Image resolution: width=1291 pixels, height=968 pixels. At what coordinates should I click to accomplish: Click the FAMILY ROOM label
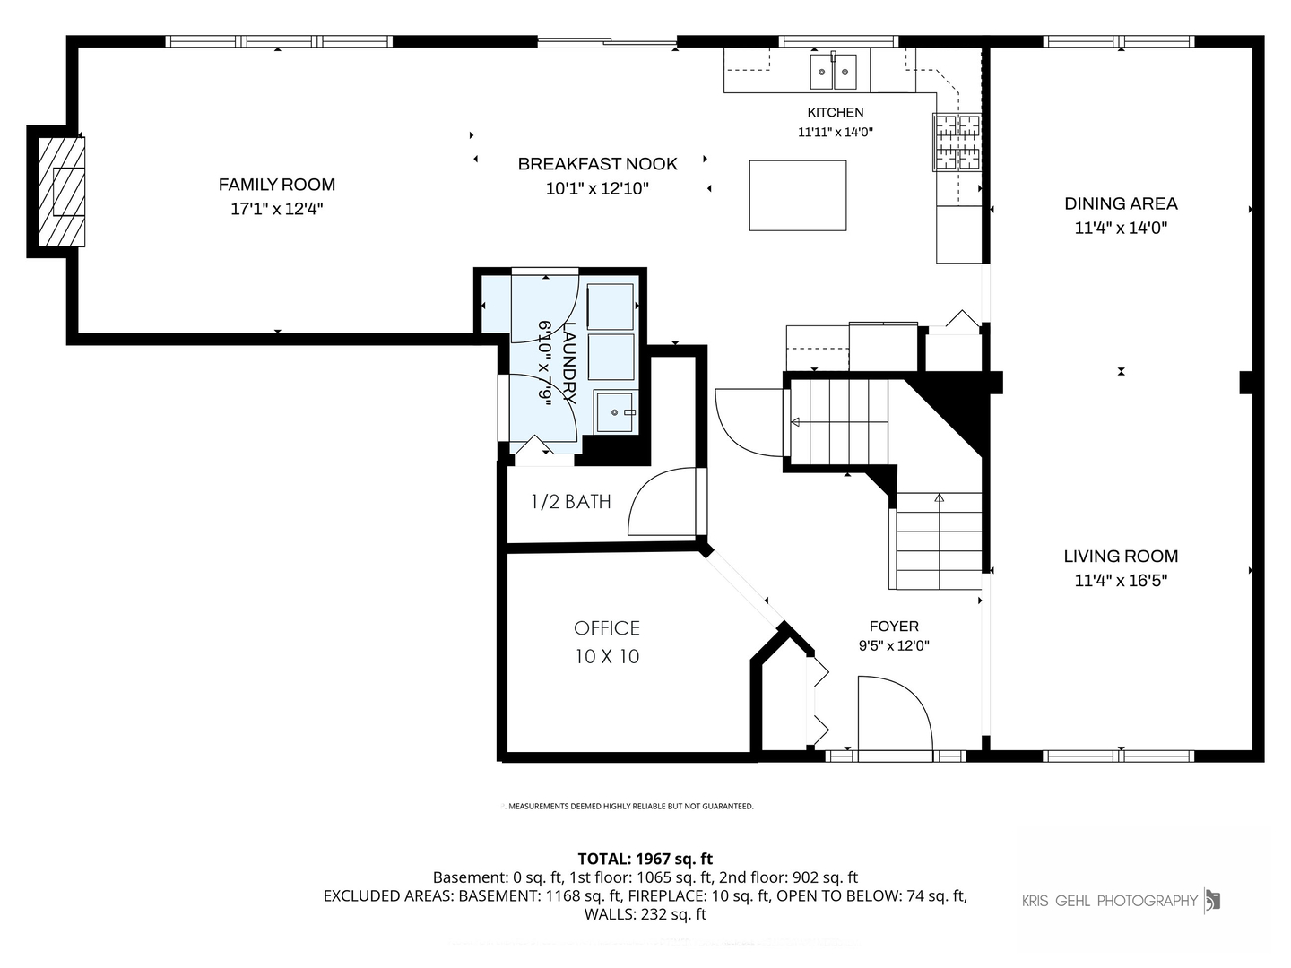[276, 185]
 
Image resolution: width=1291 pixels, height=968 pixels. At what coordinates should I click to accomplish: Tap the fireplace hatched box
[61, 192]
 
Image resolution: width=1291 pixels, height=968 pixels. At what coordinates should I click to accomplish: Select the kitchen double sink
[833, 72]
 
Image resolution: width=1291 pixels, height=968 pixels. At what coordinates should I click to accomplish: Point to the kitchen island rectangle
[798, 195]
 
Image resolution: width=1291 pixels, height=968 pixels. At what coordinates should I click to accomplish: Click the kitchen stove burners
[957, 143]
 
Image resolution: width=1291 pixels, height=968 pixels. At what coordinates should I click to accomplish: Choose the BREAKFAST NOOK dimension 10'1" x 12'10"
[597, 188]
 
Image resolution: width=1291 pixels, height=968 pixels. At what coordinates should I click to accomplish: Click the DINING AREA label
[1121, 204]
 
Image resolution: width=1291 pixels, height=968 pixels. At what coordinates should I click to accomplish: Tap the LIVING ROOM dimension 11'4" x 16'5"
[1121, 581]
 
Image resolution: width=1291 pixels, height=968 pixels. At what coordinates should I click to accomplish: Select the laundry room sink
[615, 411]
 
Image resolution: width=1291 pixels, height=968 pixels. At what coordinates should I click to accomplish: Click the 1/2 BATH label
[570, 501]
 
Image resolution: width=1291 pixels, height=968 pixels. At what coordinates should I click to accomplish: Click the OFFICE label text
[606, 628]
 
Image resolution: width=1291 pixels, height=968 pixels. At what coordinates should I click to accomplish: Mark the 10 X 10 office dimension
[607, 656]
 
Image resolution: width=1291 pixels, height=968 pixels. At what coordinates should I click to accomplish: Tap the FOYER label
[894, 627]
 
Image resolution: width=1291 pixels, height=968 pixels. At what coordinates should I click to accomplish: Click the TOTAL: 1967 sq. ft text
[645, 859]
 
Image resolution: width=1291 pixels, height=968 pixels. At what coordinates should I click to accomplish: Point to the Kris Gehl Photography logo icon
[1212, 900]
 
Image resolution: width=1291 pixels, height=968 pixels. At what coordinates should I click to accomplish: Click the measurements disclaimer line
[630, 806]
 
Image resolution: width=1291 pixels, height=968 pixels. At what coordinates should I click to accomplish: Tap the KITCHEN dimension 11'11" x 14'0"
[836, 133]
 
